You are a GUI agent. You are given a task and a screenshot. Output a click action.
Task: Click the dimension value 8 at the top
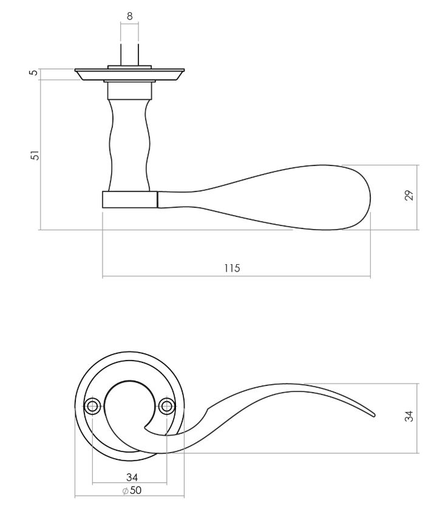coord(130,16)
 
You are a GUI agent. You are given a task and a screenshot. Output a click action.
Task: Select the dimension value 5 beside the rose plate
coord(34,72)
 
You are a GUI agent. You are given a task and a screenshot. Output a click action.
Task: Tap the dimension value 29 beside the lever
coord(410,195)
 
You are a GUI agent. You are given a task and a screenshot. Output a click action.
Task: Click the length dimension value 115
coord(232,268)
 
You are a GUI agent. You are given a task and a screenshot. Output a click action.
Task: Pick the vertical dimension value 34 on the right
coord(409,416)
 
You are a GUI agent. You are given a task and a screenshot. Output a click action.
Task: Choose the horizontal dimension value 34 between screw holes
coord(132,477)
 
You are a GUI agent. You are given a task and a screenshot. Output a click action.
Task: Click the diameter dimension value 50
coord(135,490)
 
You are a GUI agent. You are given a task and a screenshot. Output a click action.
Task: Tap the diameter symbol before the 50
coord(125,491)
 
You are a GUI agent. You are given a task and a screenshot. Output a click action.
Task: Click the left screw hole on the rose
coord(92,406)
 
